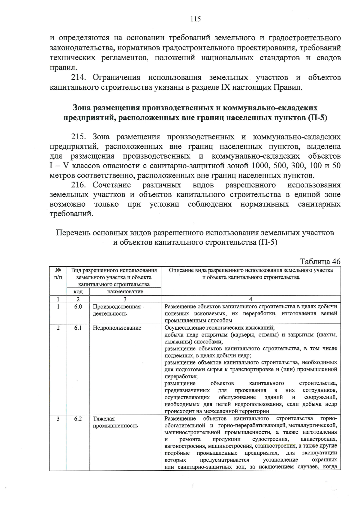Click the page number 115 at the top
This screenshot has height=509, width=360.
coord(195,19)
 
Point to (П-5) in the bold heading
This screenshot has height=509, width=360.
coord(317,118)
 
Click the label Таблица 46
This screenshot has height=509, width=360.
coord(320,261)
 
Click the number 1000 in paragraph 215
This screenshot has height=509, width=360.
coord(261,166)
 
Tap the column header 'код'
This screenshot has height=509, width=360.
coord(78,292)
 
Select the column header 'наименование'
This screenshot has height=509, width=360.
coord(125,292)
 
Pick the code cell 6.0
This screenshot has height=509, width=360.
coord(78,307)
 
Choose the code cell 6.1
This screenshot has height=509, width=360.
coord(78,328)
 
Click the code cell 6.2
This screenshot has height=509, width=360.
coord(78,419)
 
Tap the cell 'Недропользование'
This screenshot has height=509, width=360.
coord(117,328)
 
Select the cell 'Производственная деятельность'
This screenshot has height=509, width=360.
coord(116,310)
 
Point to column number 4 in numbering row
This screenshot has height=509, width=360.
coord(251,299)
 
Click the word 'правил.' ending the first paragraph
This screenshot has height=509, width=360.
coord(61,67)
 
